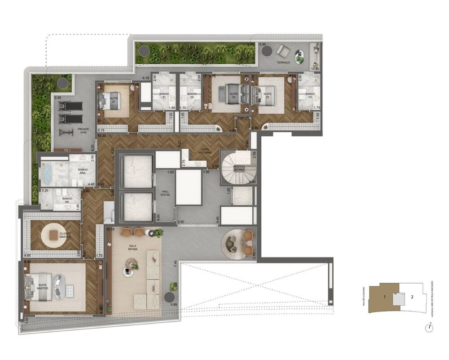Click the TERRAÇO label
283,62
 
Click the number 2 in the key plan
412,297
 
